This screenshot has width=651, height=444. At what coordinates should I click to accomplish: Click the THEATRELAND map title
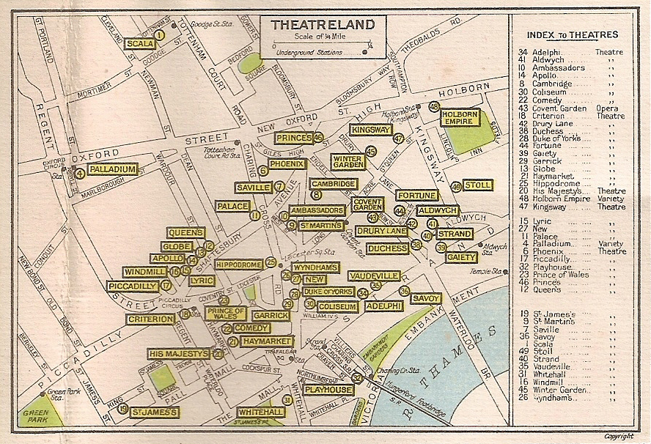(323, 25)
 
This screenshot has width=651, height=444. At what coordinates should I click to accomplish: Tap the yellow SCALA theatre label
(139, 44)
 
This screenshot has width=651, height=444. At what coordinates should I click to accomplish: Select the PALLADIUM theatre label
(112, 170)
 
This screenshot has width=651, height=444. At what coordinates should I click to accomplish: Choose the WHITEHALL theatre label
(260, 412)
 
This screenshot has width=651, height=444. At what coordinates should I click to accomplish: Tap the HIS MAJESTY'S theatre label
(179, 354)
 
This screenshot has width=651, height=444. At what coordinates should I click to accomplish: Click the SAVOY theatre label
(426, 299)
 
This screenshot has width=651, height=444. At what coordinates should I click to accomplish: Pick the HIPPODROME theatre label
(239, 264)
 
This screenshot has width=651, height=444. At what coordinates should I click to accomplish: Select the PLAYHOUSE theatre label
(328, 390)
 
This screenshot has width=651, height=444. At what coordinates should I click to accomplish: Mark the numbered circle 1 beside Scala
(161, 34)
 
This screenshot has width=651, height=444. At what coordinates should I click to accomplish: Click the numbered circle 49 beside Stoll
(456, 187)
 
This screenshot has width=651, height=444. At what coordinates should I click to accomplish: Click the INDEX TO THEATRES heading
(573, 34)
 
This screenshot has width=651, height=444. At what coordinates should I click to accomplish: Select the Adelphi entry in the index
(545, 53)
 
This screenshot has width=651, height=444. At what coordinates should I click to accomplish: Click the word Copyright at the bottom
(618, 437)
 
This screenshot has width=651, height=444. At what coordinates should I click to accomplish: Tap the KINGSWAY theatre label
(370, 130)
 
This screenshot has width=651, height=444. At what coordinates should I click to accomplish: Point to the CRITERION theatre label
(150, 319)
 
